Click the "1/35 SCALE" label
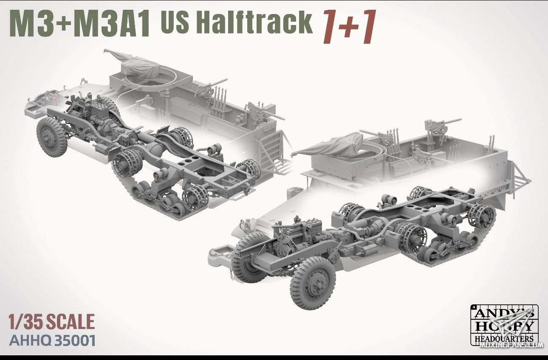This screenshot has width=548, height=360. click(x=52, y=322)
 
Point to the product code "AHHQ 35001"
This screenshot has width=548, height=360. click(x=52, y=340)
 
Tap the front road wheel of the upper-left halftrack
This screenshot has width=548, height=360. click(x=52, y=136)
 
